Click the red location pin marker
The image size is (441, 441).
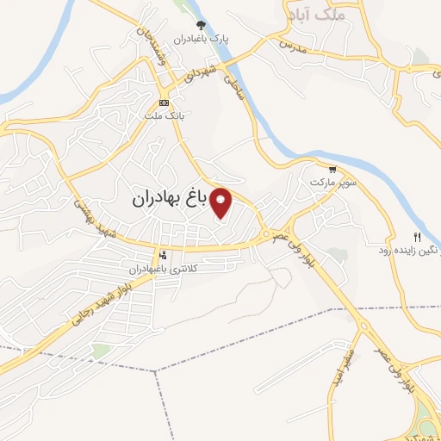221,202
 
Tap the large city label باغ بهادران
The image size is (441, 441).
171,198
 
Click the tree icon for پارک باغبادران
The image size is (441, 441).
202,25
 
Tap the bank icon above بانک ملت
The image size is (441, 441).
164,103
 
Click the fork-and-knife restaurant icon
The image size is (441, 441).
417,237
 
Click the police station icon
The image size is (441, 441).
163,255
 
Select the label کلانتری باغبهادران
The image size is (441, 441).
164,269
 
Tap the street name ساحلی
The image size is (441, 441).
233,89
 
